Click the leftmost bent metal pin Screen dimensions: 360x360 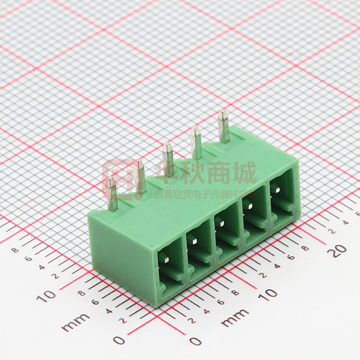pos(112,193)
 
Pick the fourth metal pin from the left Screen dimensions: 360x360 pos(196,142)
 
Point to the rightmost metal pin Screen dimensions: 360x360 pos(223,126)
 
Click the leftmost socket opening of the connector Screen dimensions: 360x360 pos(170,269)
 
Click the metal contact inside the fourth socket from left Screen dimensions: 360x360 pos(249,206)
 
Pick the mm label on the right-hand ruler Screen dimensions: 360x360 pos(235,317)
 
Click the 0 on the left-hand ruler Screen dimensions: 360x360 pos(119,340)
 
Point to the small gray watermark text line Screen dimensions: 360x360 pos(206,193)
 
